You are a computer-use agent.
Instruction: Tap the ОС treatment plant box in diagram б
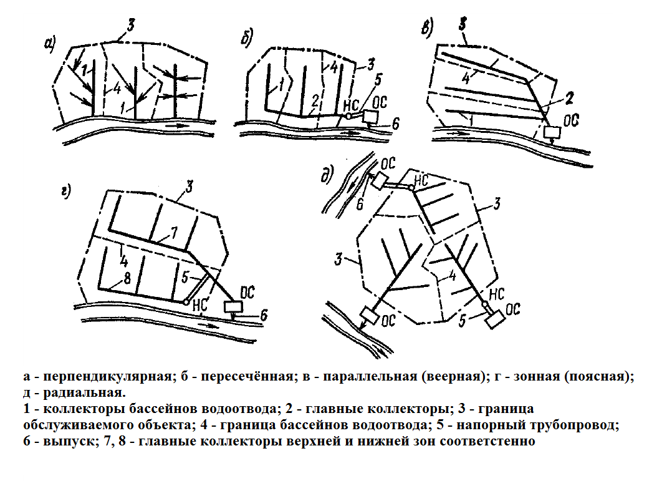(370, 117)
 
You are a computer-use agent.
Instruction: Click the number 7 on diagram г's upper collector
(174, 233)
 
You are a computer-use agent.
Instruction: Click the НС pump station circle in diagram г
(186, 301)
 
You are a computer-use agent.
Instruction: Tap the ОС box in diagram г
(234, 307)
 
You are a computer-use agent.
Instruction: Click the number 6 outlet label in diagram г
(264, 316)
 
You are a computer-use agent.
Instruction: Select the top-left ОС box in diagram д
(379, 182)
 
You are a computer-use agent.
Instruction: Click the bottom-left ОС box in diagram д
(370, 316)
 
